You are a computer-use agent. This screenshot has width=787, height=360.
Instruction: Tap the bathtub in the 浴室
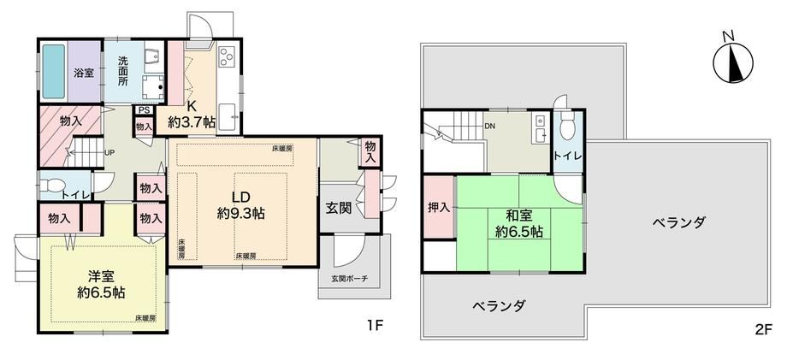point(53,72)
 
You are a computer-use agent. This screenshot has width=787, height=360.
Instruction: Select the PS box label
point(143,111)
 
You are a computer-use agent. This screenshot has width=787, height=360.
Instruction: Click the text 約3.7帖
point(193,121)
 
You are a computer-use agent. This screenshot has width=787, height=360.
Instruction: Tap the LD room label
point(240,196)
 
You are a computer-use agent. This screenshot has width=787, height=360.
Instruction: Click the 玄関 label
point(338,208)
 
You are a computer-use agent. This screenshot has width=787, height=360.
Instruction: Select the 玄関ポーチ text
point(349,278)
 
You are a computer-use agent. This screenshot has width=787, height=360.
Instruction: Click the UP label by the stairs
point(109,151)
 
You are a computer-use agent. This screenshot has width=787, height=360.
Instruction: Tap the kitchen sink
point(229,117)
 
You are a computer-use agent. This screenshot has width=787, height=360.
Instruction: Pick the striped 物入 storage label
point(71,121)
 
